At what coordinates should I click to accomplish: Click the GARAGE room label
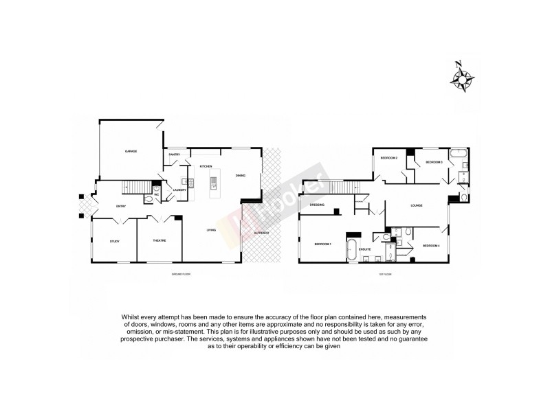pos(131,151)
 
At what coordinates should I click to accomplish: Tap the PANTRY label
pos(175,154)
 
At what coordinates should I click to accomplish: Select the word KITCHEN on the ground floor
pos(206,167)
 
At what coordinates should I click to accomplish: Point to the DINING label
pos(241,175)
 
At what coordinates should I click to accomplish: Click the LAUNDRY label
pos(180,190)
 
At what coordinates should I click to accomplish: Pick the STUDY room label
pos(115,241)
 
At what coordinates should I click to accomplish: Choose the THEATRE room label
pos(159,241)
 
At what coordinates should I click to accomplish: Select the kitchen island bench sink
pos(214,183)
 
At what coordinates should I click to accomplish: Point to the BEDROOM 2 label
pos(390,159)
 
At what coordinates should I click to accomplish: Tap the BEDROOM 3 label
pos(434,162)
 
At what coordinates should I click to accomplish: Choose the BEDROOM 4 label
pos(431,245)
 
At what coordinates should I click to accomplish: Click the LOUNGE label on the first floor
pos(416,205)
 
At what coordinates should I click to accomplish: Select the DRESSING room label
pos(317,205)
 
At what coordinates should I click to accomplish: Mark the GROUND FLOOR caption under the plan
pos(181,274)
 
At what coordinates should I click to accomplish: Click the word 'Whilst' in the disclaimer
pos(133,316)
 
